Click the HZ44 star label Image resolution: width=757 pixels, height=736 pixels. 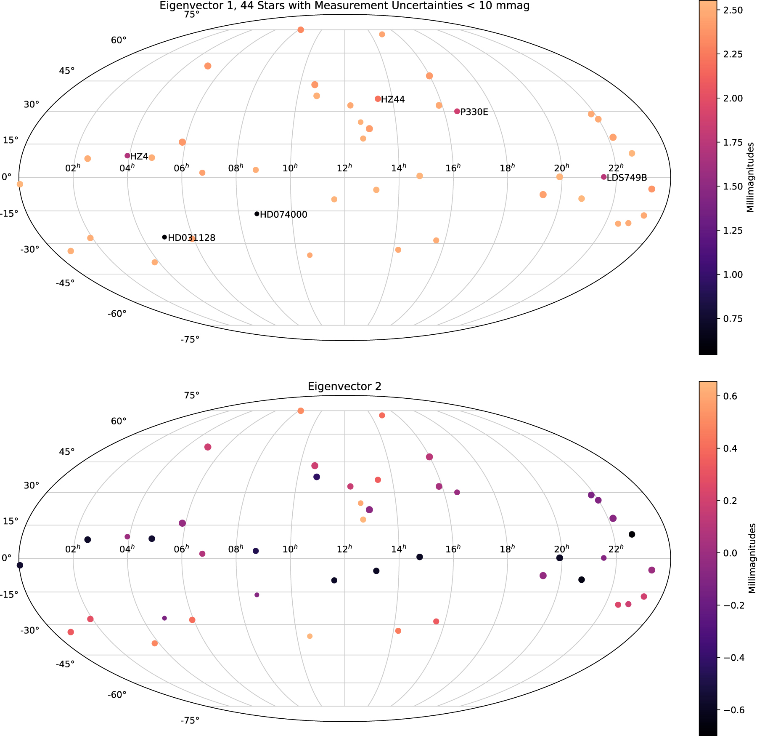[393, 100]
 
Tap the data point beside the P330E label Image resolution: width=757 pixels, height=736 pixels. [457, 111]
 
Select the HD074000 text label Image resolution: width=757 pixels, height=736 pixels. [283, 215]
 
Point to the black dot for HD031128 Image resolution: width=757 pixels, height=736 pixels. [164, 237]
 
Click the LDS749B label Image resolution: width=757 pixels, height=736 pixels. [627, 178]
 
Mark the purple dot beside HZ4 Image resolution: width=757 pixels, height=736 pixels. [127, 156]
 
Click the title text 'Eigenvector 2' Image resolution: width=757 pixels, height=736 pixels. [344, 387]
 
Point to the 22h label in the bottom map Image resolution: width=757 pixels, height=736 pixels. [616, 549]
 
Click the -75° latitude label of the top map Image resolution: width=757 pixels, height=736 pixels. [190, 339]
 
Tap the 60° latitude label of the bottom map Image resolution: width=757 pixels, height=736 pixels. [119, 421]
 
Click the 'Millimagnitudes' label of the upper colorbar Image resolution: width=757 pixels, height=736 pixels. [751, 177]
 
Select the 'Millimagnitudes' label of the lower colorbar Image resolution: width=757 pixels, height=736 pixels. [751, 558]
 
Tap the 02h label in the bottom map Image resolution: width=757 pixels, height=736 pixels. [73, 549]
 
